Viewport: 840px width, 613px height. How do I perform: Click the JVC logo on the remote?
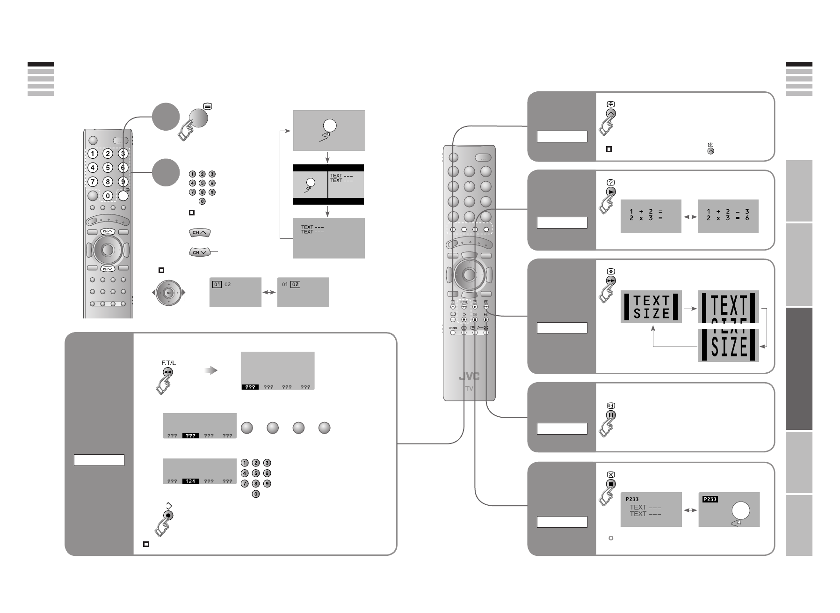(x=469, y=377)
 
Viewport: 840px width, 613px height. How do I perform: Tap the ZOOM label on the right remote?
(x=452, y=328)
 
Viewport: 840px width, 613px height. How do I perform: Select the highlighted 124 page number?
(x=190, y=481)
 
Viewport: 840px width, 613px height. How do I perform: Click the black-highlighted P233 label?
(x=710, y=499)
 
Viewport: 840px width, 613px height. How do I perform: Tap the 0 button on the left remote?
(x=108, y=196)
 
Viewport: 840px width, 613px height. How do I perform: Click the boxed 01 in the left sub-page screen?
(x=217, y=284)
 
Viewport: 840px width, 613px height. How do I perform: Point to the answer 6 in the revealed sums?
(x=747, y=218)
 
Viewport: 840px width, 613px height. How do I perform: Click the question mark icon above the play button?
(x=610, y=183)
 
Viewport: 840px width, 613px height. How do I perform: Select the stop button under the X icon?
(x=610, y=484)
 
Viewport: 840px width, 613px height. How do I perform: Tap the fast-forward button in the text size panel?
(x=610, y=281)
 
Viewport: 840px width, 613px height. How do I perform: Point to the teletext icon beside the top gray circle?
(x=208, y=106)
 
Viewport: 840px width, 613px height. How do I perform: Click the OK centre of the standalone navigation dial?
(x=169, y=293)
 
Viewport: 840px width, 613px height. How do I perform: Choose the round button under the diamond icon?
(x=169, y=515)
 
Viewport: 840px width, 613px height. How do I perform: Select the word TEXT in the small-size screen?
(x=651, y=300)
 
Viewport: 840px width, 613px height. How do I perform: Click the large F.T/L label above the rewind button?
(x=168, y=363)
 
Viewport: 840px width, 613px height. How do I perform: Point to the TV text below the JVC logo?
(x=469, y=389)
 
